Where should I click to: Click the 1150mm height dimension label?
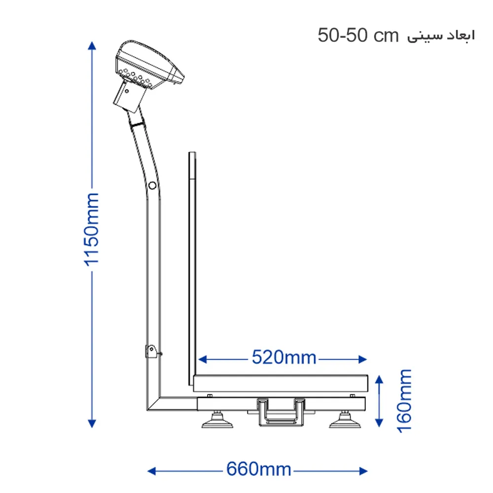tap(91, 230)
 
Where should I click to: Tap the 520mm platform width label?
tap(283, 357)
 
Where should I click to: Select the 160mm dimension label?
tap(404, 400)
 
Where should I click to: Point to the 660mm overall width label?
tap(258, 469)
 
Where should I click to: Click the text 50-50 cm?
tap(358, 36)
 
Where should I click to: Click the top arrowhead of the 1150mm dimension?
tap(91, 45)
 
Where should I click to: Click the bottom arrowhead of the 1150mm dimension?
tap(91, 423)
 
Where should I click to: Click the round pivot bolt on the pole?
tap(152, 186)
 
